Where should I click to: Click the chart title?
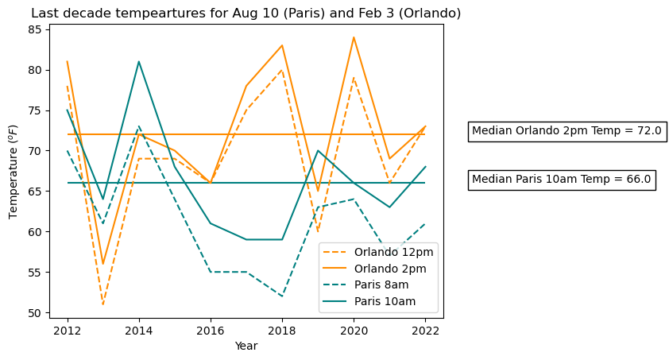click(246, 14)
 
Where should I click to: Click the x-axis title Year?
click(246, 346)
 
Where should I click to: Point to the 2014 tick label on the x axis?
click(139, 330)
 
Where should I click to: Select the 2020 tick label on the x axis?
click(354, 330)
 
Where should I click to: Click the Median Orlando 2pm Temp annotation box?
click(567, 131)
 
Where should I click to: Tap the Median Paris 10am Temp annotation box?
click(562, 180)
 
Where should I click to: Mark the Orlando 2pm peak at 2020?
click(354, 37)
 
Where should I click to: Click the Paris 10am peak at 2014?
click(139, 61)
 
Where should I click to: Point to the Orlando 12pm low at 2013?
click(103, 304)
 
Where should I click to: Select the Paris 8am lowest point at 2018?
click(282, 296)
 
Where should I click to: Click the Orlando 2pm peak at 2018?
click(282, 45)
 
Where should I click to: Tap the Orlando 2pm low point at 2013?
click(103, 264)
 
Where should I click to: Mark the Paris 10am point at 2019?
click(318, 150)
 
